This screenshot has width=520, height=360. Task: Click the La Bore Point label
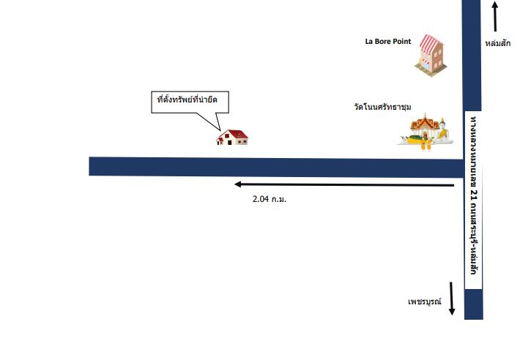click(x=388, y=42)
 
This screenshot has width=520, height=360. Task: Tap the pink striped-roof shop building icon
click(x=431, y=56)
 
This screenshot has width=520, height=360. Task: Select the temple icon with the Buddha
click(x=426, y=132)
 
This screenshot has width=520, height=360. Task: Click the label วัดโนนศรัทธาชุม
click(x=383, y=107)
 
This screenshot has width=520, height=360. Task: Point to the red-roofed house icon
click(x=232, y=137)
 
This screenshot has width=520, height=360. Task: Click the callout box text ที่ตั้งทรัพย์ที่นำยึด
click(x=187, y=100)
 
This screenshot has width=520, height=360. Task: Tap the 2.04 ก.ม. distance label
click(x=270, y=199)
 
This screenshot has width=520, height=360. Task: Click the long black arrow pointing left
click(x=344, y=185)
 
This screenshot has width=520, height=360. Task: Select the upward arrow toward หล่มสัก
click(x=495, y=17)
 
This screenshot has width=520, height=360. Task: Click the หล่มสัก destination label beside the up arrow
click(x=498, y=43)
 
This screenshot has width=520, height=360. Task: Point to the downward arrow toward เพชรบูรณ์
click(x=452, y=299)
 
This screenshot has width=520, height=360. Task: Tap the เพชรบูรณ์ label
click(x=425, y=301)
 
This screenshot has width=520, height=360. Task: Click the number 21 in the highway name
click(x=474, y=195)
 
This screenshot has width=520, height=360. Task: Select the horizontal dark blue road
click(x=276, y=167)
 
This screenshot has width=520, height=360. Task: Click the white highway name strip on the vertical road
click(x=473, y=200)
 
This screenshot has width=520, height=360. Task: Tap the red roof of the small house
click(x=235, y=134)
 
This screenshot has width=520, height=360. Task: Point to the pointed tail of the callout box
click(x=219, y=130)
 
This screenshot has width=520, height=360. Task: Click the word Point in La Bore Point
click(x=402, y=42)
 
